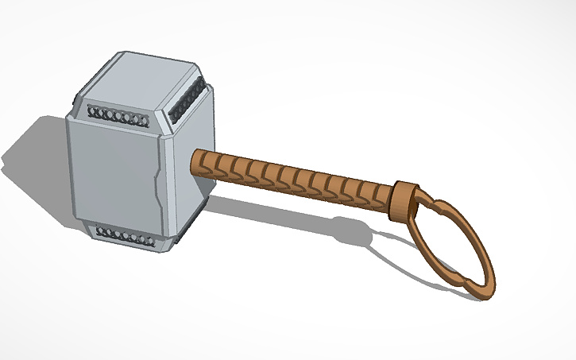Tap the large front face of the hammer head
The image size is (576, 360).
tap(111, 171)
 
